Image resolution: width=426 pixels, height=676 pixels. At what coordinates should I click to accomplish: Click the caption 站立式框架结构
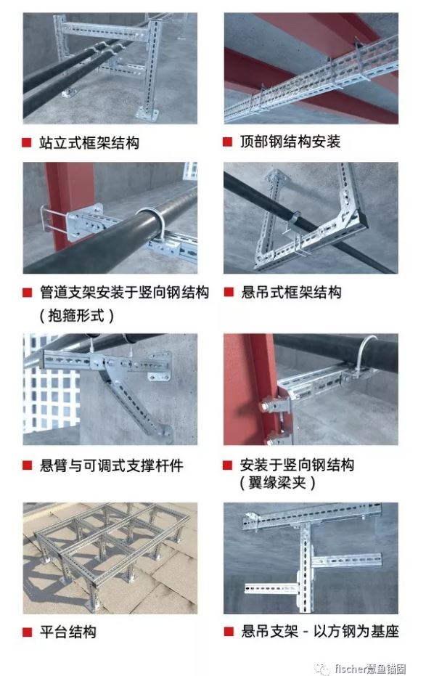click(x=89, y=143)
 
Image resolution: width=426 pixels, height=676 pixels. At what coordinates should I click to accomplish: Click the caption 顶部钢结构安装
click(x=290, y=142)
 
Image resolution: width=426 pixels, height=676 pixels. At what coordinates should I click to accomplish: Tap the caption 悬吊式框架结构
click(x=291, y=293)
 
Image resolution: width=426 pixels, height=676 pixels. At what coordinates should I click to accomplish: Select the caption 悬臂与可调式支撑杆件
click(x=112, y=465)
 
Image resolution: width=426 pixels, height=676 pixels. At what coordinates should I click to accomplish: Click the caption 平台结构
click(x=68, y=632)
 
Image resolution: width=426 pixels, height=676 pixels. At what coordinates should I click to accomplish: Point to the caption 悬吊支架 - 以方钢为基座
click(x=319, y=632)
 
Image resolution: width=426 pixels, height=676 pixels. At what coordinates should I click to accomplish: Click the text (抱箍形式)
click(x=77, y=316)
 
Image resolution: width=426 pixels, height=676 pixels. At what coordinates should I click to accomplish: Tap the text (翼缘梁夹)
click(x=278, y=482)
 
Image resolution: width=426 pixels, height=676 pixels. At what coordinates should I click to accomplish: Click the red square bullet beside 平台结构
click(x=27, y=632)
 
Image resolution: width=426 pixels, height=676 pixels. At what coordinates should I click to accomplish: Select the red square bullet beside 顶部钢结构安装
click(x=228, y=142)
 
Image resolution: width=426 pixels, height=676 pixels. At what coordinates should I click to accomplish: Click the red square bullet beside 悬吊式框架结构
click(x=229, y=293)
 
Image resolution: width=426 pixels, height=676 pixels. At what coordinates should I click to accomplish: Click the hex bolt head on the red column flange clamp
click(x=263, y=407)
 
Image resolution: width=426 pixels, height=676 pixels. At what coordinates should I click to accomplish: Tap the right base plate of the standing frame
click(x=147, y=113)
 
